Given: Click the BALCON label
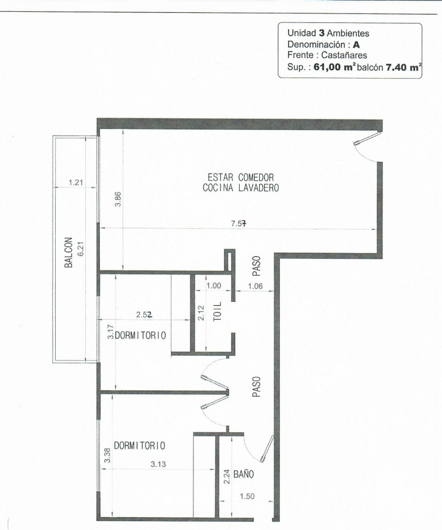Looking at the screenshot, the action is pos(69,252).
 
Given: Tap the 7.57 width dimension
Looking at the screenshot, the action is pos(239,223).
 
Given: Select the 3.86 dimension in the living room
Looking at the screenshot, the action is pos(118,199).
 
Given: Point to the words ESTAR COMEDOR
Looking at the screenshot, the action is pos(240,177).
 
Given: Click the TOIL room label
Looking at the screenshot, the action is pos(218,311).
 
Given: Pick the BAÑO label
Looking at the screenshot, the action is pos(244,474).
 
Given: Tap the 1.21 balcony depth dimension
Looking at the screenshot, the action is pos(76,182).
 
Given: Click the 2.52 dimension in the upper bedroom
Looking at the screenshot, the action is pos(144,314).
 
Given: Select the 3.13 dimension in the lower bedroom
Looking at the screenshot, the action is pos(158,464).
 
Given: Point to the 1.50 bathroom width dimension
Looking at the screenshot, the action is pos(247,496).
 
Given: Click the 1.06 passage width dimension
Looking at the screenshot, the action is pos(255,286).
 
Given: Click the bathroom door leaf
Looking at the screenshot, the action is pos(267,448).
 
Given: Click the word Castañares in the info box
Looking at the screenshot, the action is pos(344,55).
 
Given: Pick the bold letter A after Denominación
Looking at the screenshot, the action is pos(356,45).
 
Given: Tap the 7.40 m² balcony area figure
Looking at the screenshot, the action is pos(404,67).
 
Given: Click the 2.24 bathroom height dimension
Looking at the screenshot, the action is pos(227,476).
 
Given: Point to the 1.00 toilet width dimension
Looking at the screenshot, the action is pos(213,286).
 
